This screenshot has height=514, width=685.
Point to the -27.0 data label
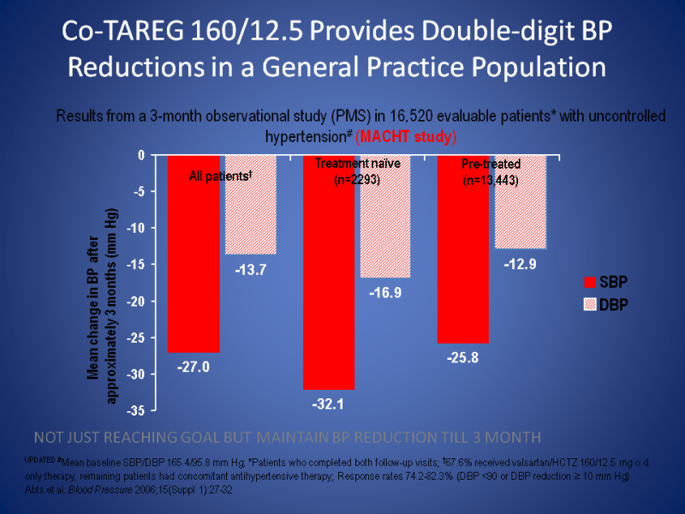pyautogui.click(x=194, y=367)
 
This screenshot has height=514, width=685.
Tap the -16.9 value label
pyautogui.click(x=384, y=292)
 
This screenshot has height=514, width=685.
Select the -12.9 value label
pyautogui.click(x=519, y=264)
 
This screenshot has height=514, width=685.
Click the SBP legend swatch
pyautogui.click(x=589, y=281)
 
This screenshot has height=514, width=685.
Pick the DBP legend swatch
pyautogui.click(x=589, y=302)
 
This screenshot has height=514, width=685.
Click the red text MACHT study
pyautogui.click(x=407, y=136)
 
